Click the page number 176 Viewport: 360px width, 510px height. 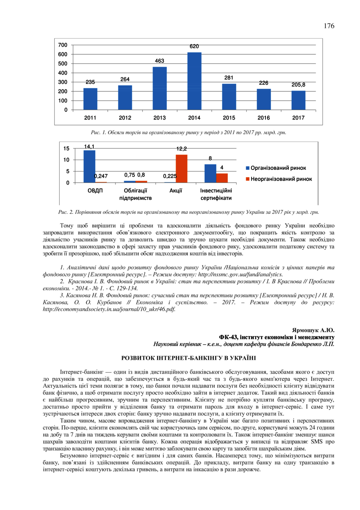tap(329, 26)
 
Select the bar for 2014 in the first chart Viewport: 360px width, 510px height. tap(194, 81)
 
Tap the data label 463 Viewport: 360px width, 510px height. tap(159, 61)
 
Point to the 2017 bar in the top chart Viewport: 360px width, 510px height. tap(298, 100)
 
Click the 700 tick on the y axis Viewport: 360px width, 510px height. tap(63, 45)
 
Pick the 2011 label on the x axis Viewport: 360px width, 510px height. tap(90, 118)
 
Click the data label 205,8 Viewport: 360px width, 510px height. tap(298, 85)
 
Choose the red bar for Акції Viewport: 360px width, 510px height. tap(181, 169)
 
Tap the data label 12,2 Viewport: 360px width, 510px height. tap(181, 149)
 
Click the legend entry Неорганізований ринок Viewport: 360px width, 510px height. tap(281, 179)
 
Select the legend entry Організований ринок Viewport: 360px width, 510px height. tap(278, 168)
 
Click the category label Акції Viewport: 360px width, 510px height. tap(176, 191)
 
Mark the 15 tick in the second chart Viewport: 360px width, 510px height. tap(66, 148)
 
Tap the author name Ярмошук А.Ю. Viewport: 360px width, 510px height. tap(313, 330)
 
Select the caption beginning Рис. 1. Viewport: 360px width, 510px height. tap(189, 132)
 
